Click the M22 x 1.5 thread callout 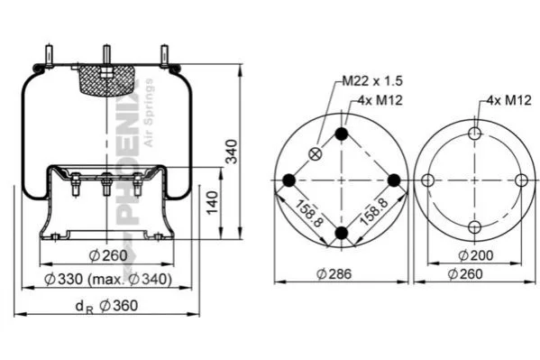click(372, 81)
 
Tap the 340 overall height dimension click(231, 152)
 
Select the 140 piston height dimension click(213, 202)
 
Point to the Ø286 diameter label click(334, 274)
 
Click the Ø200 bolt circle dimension click(476, 255)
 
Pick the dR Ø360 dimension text click(106, 306)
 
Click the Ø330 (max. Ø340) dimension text click(108, 280)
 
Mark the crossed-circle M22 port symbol click(316, 153)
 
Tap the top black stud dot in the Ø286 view click(342, 134)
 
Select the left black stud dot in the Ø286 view click(289, 180)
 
